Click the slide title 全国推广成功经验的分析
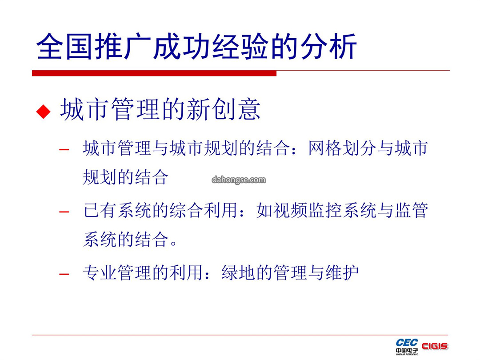click(x=196, y=46)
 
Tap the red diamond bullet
click(x=43, y=112)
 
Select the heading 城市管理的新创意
click(x=160, y=109)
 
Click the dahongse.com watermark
click(x=239, y=180)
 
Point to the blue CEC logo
click(x=407, y=343)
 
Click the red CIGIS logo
click(x=435, y=346)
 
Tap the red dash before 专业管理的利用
click(x=64, y=273)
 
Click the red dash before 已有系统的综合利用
click(x=64, y=212)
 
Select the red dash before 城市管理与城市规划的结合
click(x=64, y=149)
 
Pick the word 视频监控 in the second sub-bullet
click(x=308, y=211)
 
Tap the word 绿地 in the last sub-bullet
click(x=238, y=272)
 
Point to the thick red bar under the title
click(x=154, y=73)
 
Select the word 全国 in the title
click(x=64, y=46)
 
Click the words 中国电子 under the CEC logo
click(x=407, y=351)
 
